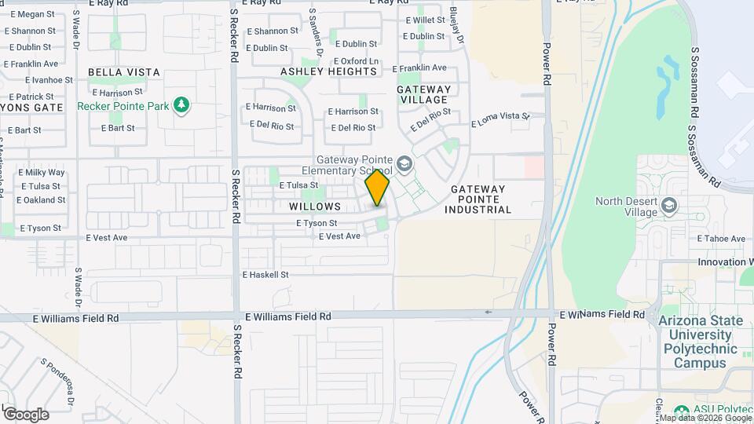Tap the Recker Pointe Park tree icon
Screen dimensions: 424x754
(x=181, y=105)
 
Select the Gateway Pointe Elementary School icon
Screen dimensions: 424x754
(x=404, y=164)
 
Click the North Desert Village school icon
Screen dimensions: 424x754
(x=669, y=206)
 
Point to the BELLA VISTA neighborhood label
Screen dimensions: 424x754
(x=124, y=72)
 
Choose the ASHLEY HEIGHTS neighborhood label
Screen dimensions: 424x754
(x=329, y=71)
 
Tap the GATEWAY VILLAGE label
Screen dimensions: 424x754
(x=424, y=94)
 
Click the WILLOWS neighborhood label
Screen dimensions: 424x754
(x=315, y=207)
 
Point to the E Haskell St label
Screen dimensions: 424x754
(x=265, y=275)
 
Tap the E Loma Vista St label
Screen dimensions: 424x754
(x=501, y=120)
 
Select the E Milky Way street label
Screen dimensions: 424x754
(x=41, y=173)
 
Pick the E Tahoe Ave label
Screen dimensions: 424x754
(x=721, y=239)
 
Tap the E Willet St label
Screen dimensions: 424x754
(x=425, y=20)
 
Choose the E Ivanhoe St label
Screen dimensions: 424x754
(x=49, y=80)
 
